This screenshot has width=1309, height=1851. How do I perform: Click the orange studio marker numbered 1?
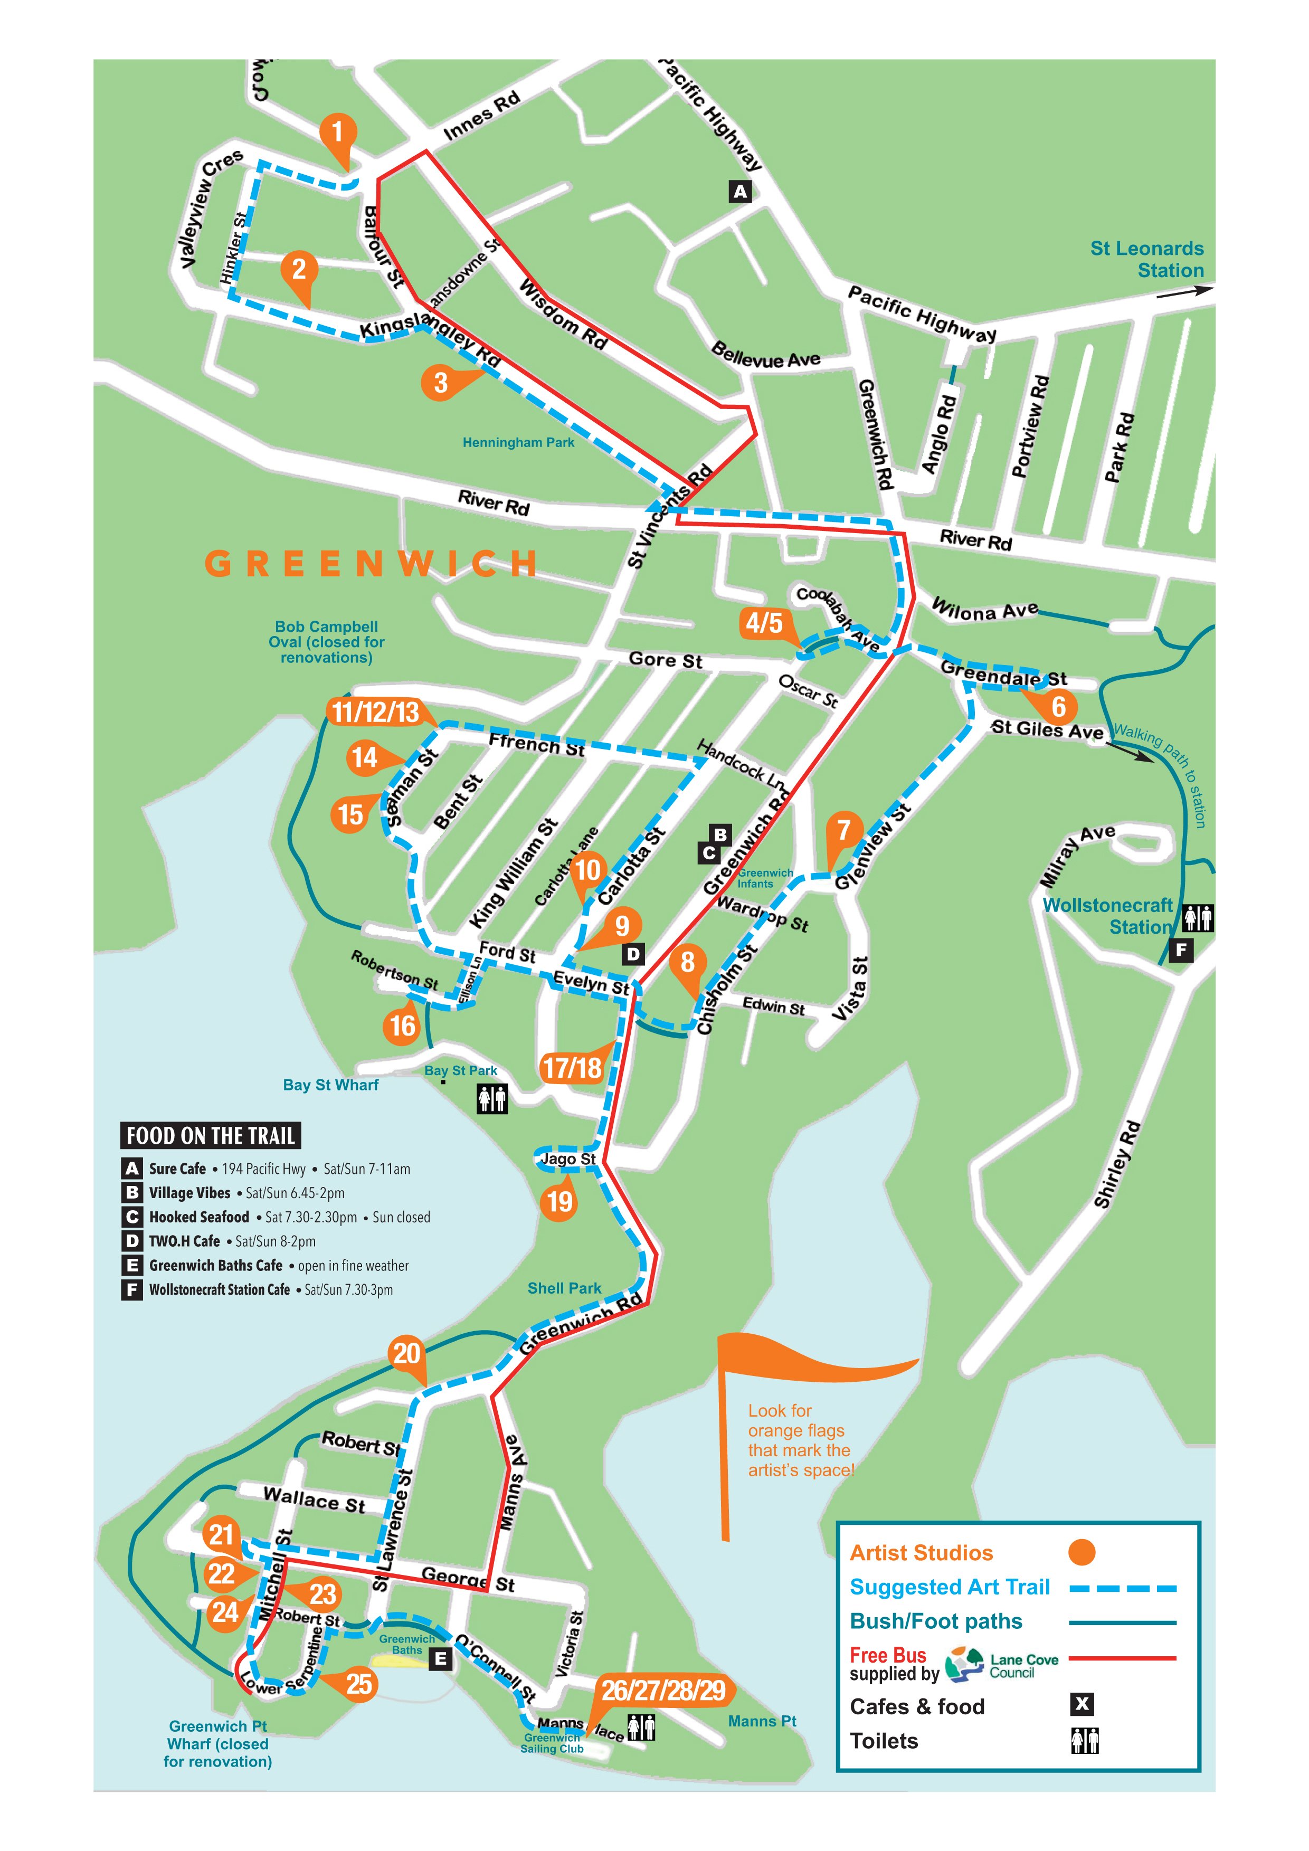click(x=337, y=131)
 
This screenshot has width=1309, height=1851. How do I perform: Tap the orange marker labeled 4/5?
click(x=763, y=622)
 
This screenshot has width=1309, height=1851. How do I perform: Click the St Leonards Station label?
click(x=1146, y=260)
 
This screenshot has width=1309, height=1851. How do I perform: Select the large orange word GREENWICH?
click(x=371, y=564)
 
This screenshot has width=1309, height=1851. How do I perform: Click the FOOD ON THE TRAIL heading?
click(x=211, y=1136)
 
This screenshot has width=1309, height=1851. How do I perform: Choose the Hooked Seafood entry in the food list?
click(x=198, y=1217)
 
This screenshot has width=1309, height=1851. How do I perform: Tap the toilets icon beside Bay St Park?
click(x=492, y=1099)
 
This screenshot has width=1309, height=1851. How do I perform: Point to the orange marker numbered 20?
click(x=406, y=1353)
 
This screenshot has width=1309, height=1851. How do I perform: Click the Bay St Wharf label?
click(x=330, y=1085)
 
